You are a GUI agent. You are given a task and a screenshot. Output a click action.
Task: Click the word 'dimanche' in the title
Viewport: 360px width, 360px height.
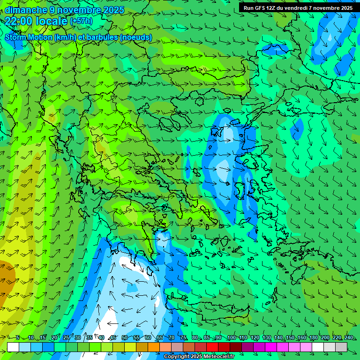tap(26, 9)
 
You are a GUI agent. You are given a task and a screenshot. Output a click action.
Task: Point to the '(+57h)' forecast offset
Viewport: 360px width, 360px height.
tap(81, 21)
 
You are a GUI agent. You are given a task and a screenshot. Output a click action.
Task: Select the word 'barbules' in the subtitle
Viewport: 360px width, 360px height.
tap(103, 37)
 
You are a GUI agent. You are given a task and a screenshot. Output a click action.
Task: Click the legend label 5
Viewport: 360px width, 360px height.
tap(18, 337)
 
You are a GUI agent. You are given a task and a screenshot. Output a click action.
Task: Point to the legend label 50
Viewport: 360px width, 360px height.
tap(124, 337)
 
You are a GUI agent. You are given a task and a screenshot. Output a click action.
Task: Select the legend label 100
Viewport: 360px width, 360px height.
tap(231, 337)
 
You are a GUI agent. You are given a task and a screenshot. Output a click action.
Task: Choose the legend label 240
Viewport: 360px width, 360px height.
tap(349, 337)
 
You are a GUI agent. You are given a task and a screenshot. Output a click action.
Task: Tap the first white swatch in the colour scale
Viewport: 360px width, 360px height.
tap(13, 347)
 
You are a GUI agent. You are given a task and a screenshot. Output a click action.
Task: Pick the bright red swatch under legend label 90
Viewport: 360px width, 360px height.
tap(212, 347)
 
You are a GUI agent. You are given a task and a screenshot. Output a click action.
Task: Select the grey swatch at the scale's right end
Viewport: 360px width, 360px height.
tap(341, 347)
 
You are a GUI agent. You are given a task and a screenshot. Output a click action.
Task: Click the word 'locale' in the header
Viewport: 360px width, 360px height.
tap(52, 21)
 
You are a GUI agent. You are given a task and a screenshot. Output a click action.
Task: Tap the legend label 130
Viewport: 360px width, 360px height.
tap(267, 337)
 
